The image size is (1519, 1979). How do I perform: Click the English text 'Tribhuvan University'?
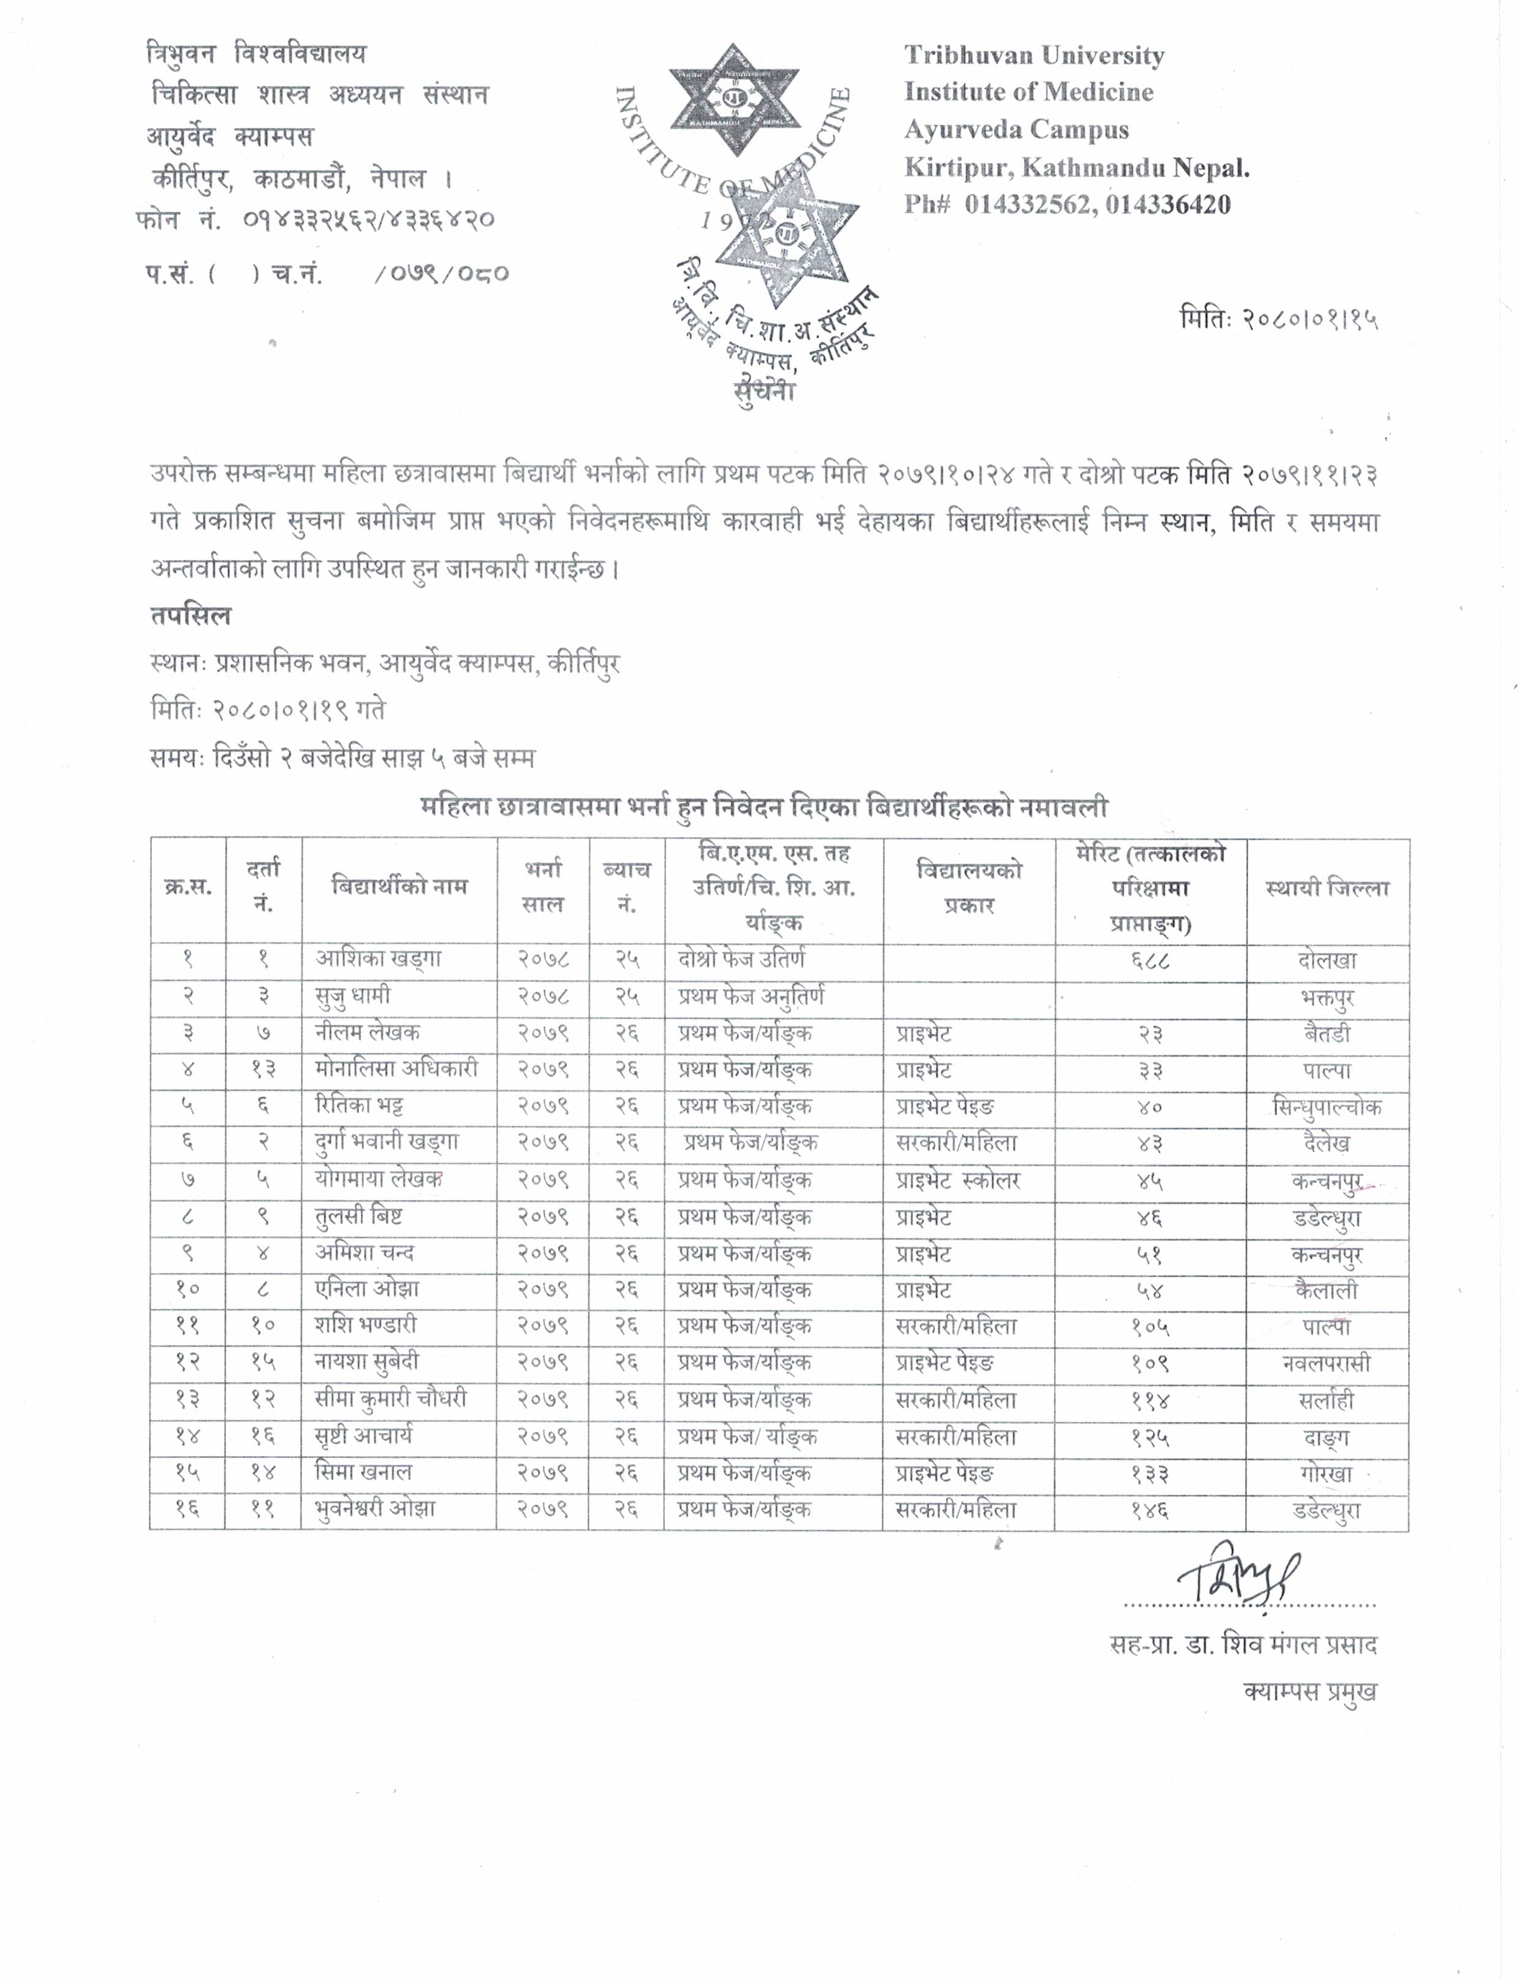1034,56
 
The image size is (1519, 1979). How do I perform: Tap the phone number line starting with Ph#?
1067,205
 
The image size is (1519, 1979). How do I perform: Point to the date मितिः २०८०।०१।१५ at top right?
1278,318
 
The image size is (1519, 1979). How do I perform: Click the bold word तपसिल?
191,616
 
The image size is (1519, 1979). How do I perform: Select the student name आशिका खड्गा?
378,959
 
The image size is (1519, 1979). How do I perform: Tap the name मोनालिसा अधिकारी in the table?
396,1069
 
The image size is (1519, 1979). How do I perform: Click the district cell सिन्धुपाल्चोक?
1327,1107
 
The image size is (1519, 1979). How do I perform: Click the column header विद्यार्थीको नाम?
400,886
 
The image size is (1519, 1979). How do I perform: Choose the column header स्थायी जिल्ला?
1327,888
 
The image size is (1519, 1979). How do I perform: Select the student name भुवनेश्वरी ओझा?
375,1509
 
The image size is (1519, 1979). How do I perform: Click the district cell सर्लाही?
1327,1401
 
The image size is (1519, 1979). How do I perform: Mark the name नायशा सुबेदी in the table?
367,1362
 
